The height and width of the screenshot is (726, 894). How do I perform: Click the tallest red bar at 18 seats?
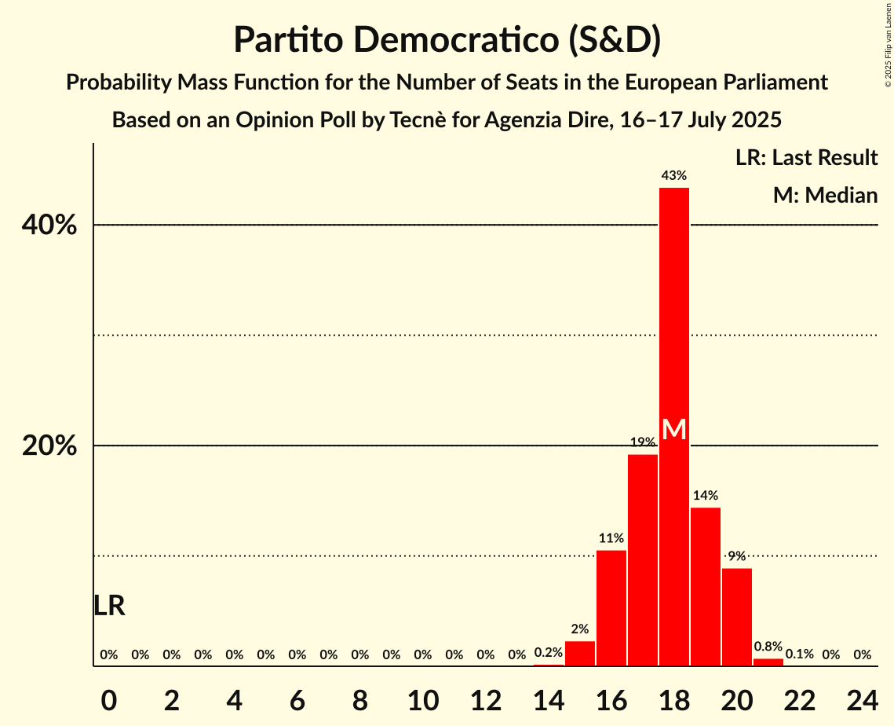point(673,314)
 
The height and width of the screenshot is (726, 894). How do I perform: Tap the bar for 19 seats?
point(705,586)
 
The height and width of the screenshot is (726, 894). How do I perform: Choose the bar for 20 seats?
point(736,616)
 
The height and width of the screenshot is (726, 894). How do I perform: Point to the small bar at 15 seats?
point(579,653)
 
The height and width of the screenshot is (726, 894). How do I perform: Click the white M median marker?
point(673,430)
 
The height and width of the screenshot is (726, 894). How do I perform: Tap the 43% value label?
point(673,176)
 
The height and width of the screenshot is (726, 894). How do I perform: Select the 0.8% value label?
point(768,647)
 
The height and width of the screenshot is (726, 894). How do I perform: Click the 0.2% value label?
point(548,652)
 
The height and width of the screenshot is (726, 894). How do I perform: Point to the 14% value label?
point(705,496)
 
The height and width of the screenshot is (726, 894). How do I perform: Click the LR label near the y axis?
point(109,606)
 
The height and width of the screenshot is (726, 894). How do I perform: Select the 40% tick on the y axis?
point(49,225)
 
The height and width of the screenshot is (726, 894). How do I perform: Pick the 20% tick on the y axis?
point(49,446)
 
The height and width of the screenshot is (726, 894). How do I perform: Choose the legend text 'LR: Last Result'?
point(806,158)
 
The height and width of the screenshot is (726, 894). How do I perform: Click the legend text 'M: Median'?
point(825,196)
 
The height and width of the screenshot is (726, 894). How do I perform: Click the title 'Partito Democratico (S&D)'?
point(447,40)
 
